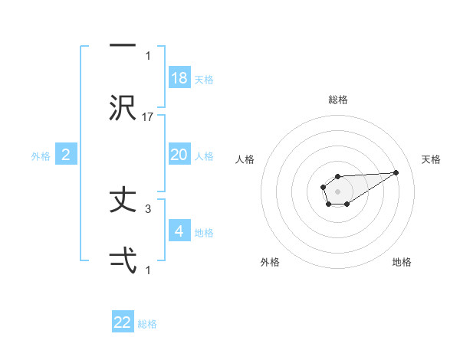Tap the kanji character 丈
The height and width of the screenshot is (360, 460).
123,201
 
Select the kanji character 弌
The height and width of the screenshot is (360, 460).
123,263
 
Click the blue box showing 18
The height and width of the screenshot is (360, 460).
179,78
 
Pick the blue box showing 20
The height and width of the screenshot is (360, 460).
179,155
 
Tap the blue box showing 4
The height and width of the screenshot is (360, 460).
179,231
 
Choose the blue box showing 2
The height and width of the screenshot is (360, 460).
66,155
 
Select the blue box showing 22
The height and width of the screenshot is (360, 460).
123,322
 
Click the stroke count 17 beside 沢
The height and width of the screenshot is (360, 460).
149,116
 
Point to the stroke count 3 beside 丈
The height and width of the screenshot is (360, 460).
148,208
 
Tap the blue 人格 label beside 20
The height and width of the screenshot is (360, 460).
204,156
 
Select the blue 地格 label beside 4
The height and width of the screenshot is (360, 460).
204,233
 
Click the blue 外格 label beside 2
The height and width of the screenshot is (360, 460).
41,156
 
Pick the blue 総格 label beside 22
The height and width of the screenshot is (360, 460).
147,324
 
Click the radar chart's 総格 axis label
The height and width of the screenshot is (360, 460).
338,100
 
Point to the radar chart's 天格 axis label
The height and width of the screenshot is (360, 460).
432,159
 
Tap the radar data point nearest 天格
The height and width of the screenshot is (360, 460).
396,172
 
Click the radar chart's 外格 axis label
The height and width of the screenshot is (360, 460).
271,262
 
